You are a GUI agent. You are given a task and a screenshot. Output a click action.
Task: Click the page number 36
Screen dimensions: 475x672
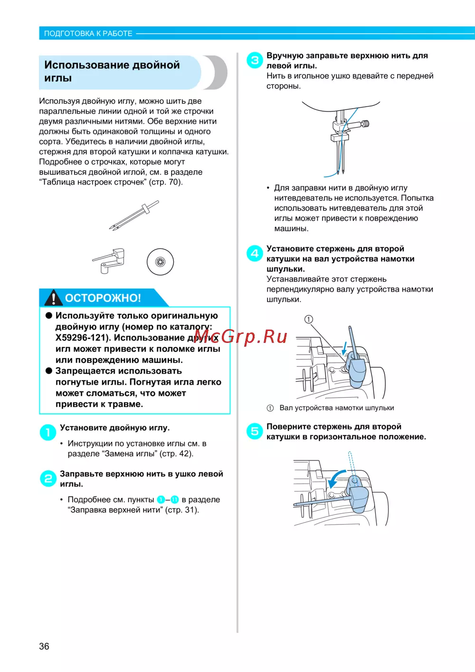coord(44,646)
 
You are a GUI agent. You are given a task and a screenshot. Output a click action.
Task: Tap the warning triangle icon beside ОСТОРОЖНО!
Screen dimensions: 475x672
coord(53,298)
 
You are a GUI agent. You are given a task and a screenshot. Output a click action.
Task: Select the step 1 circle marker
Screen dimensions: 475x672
coord(47,432)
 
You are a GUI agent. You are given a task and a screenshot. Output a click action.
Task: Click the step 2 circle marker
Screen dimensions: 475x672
coord(47,478)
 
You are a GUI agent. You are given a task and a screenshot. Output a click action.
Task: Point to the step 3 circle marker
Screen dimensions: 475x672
coord(255,60)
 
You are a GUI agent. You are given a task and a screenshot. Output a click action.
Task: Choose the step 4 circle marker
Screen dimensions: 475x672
coord(255,253)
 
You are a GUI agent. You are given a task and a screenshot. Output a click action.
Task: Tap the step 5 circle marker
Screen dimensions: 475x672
coord(255,431)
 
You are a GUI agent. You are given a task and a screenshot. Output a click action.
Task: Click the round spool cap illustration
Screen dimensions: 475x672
coord(160,262)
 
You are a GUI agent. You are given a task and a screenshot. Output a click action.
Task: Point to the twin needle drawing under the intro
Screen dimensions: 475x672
coord(134,215)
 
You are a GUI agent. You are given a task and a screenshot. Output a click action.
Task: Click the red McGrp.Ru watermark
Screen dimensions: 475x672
coord(240,336)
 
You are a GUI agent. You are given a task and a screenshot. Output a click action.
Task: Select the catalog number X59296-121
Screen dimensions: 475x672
coord(81,338)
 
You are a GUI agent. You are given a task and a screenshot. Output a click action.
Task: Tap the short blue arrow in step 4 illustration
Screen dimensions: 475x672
coord(345,348)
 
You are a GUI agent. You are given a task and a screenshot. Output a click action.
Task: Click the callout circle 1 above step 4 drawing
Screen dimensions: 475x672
coord(309,319)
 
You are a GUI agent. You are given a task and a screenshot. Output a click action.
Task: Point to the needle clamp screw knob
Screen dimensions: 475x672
coord(365,124)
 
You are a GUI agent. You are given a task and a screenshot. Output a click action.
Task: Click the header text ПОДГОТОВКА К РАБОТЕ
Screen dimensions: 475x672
coord(88,33)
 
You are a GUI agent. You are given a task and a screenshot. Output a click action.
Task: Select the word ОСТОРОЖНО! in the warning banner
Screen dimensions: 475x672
coord(103,298)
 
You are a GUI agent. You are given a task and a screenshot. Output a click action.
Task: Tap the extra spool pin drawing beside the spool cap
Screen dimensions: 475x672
coord(108,261)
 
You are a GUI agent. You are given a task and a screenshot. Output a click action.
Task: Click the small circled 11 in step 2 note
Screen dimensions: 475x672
coord(175,499)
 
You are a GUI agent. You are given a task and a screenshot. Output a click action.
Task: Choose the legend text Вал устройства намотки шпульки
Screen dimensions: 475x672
coord(337,408)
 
